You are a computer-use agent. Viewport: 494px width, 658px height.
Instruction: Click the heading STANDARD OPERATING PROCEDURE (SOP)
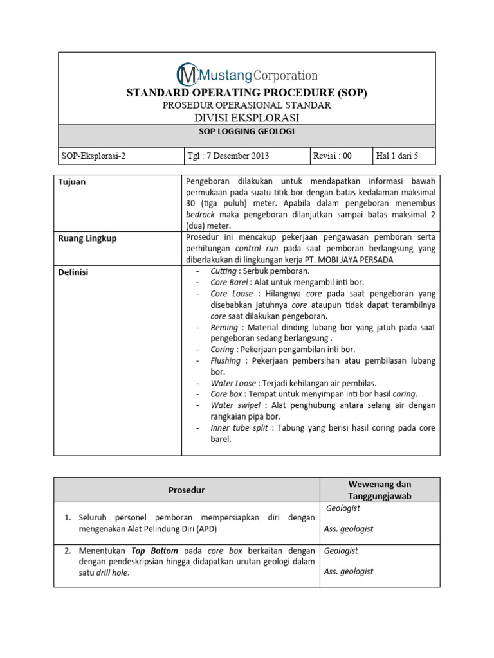(x=246, y=93)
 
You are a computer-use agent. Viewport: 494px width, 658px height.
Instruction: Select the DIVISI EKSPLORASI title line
(x=246, y=118)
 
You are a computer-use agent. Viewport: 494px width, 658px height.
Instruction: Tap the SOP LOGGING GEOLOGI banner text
(x=246, y=131)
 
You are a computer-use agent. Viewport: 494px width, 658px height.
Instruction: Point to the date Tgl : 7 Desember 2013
(x=228, y=156)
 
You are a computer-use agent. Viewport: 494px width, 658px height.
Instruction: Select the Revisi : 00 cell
(x=333, y=156)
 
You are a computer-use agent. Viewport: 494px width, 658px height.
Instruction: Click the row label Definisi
(x=73, y=272)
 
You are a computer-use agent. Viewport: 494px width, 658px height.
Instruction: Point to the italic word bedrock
(x=200, y=214)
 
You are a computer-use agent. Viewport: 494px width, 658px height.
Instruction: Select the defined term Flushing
(x=225, y=360)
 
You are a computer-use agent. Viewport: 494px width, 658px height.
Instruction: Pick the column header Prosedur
(x=187, y=490)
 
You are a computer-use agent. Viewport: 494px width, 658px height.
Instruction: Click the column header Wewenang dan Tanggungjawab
(x=380, y=490)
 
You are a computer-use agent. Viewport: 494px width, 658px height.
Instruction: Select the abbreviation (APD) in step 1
(x=207, y=529)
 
